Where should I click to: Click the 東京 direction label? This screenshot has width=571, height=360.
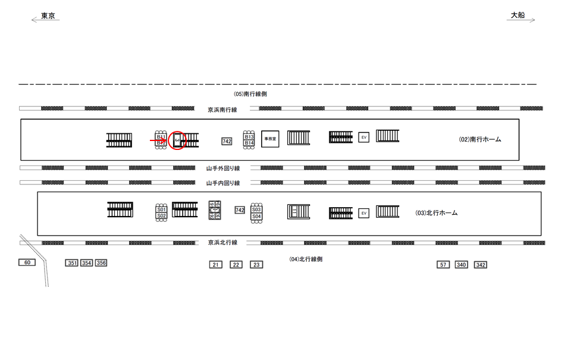tap(48, 16)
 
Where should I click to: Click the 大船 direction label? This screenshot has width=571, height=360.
tap(517, 16)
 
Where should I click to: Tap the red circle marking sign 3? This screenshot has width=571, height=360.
tap(177, 140)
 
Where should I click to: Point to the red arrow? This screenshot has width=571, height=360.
tap(158, 140)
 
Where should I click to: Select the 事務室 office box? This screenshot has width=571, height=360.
tap(270, 138)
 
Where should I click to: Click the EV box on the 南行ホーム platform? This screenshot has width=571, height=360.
tap(363, 137)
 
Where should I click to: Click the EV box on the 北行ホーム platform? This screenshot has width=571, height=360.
tap(363, 212)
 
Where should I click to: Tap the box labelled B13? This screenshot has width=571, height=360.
tap(249, 137)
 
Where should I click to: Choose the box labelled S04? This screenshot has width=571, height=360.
tap(256, 217)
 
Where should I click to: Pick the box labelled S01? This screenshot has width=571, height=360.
tap(161, 209)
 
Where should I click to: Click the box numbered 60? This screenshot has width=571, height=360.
tap(27, 262)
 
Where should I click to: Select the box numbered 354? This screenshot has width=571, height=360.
tap(87, 263)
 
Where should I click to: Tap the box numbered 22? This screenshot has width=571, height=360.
tap(236, 265)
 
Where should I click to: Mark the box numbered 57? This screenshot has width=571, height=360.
tap(443, 265)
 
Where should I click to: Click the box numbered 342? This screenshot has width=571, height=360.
tap(481, 265)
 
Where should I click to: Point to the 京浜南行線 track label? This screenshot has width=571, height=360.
tap(222, 109)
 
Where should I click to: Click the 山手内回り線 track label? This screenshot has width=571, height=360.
tap(222, 183)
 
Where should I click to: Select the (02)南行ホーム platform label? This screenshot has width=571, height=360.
tap(480, 139)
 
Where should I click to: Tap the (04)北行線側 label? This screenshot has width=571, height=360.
tap(306, 259)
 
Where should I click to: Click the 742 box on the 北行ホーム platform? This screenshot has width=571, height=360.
tap(240, 210)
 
